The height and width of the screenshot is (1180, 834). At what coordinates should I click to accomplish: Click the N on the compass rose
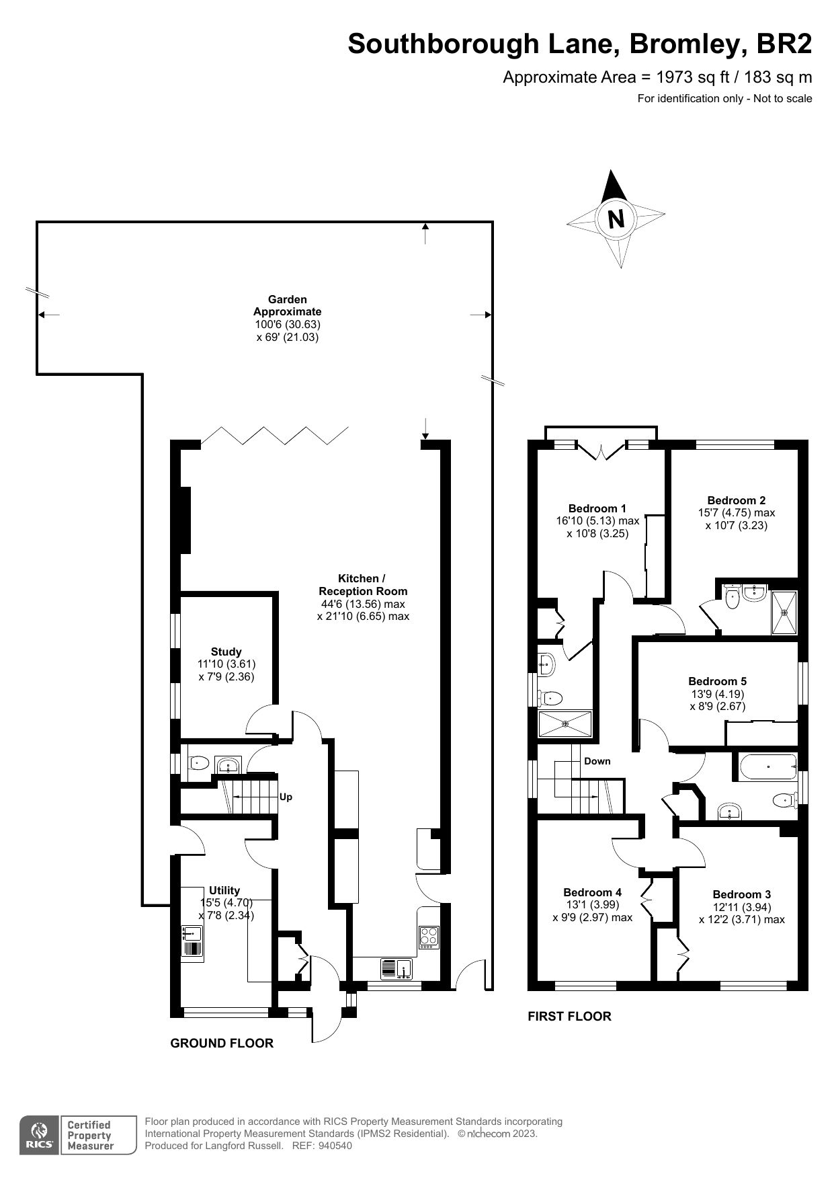[616, 219]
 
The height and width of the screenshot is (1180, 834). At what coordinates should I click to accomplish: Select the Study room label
[226, 652]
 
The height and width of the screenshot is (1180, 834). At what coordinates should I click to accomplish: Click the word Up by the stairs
[286, 797]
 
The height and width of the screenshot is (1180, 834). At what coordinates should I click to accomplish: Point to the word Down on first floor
[597, 761]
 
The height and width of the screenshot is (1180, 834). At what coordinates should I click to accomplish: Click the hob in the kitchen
[429, 936]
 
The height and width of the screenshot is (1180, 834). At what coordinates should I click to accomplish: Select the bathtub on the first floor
[767, 767]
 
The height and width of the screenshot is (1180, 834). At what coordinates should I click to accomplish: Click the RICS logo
[39, 1136]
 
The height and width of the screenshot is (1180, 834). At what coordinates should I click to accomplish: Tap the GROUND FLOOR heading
[222, 1043]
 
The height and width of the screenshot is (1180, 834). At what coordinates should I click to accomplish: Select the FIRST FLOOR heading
[569, 1016]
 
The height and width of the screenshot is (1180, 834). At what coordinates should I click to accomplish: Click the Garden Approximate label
[287, 305]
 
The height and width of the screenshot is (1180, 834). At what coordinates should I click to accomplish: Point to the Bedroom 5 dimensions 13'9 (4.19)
[717, 694]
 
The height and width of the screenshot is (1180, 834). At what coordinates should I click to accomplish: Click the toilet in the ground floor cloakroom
[198, 763]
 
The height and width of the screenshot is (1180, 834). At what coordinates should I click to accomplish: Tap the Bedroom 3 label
[741, 894]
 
